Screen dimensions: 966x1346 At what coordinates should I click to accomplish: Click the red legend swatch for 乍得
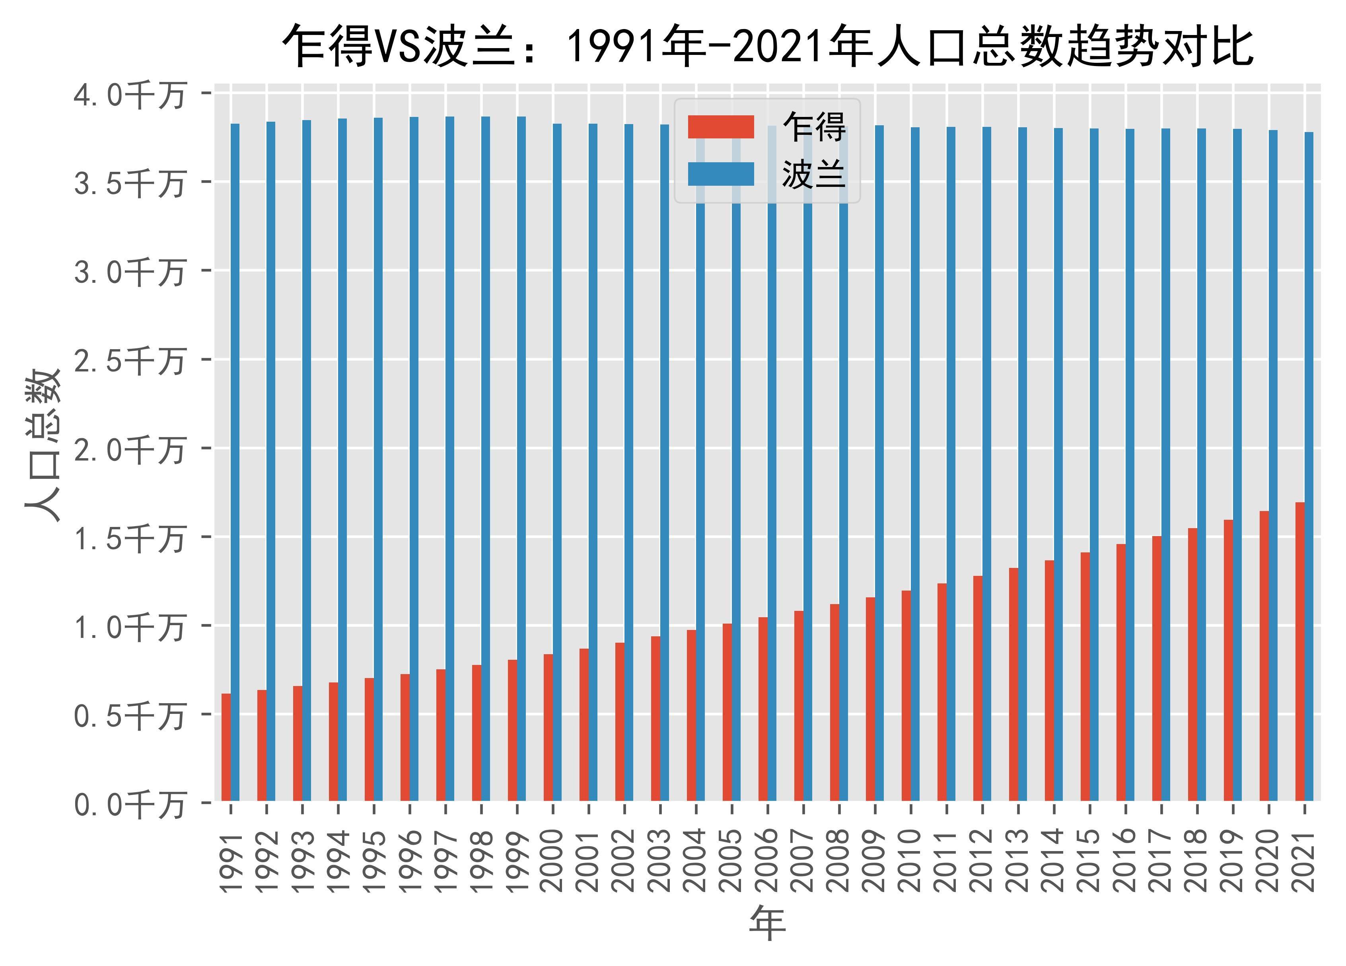(x=720, y=127)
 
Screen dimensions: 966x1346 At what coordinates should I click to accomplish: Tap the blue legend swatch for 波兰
(x=720, y=174)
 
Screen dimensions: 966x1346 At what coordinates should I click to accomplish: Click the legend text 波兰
(x=813, y=175)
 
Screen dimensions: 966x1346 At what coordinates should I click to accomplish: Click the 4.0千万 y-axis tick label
(x=129, y=94)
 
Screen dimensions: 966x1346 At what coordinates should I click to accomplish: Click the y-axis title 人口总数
(x=43, y=445)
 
